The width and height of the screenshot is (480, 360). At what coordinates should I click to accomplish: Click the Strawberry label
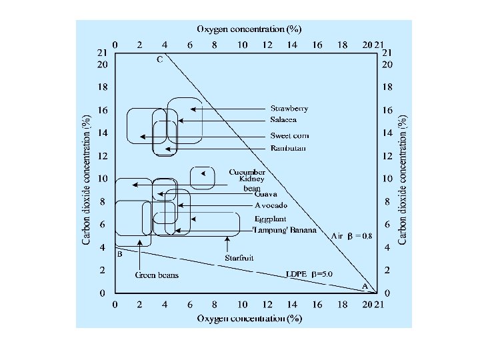click(x=289, y=109)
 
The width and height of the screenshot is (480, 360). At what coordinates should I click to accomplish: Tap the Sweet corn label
click(x=289, y=136)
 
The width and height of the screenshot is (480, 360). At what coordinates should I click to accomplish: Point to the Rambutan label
click(x=288, y=148)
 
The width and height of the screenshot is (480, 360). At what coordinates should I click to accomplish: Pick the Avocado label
click(x=271, y=205)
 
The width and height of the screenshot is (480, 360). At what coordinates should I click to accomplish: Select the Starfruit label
click(x=239, y=257)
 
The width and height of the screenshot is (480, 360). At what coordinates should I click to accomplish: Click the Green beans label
click(x=157, y=275)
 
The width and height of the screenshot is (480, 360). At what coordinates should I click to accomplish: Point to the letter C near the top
click(x=159, y=60)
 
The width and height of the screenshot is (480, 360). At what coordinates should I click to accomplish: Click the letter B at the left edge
click(x=119, y=254)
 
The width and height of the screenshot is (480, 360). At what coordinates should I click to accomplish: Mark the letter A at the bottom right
click(x=365, y=285)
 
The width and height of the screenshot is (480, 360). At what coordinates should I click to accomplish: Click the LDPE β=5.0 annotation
click(x=308, y=274)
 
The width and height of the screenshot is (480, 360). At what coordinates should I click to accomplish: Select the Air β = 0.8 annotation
click(x=352, y=235)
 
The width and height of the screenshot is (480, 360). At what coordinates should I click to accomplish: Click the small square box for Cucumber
click(x=202, y=177)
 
